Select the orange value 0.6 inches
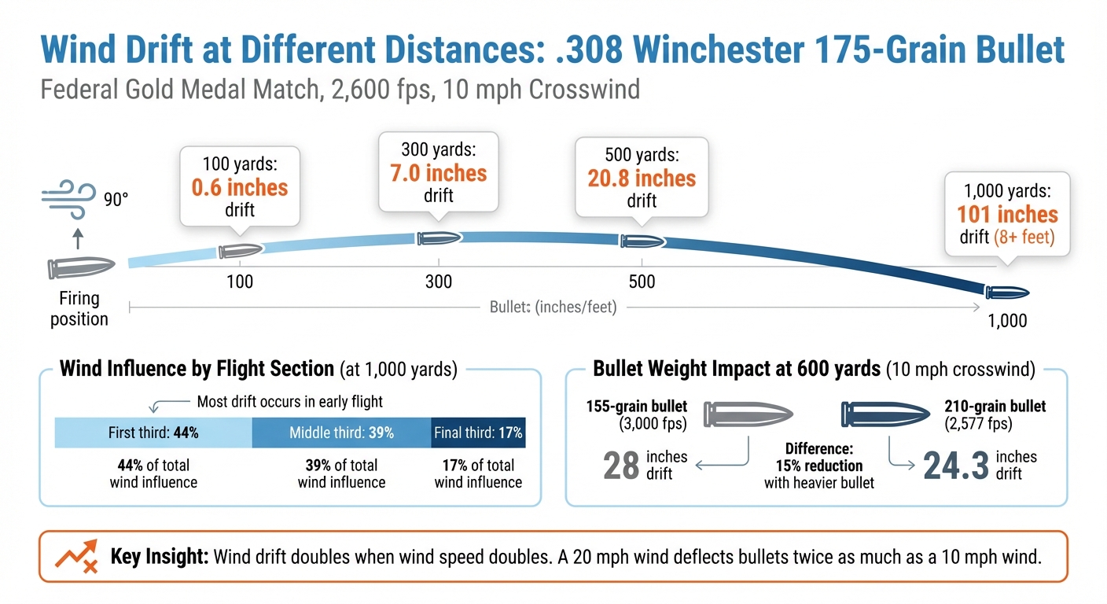click(240, 188)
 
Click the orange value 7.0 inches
click(439, 173)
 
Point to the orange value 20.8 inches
click(642, 179)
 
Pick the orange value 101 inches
click(1007, 214)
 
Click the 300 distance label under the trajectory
click(439, 282)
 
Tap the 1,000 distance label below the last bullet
click(1007, 321)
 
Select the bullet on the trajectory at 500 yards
click(642, 241)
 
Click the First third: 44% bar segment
click(153, 433)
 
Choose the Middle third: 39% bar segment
click(341, 433)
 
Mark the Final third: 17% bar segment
click(478, 433)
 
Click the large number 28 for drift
click(621, 466)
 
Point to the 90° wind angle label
click(115, 200)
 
